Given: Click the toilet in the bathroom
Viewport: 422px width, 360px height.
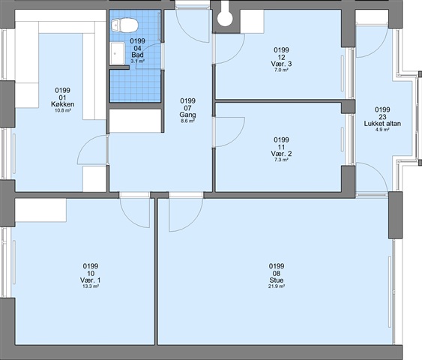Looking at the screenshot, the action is coord(124,25).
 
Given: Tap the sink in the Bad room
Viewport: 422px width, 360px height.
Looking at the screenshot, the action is coord(118,53).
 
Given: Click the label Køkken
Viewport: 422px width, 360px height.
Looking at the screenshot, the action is coord(63,104).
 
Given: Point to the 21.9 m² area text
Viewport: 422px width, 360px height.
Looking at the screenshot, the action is coord(277,286).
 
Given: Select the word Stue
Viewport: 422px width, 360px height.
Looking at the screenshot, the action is coord(277,280).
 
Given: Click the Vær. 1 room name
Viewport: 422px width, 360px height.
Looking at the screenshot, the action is coord(91,280).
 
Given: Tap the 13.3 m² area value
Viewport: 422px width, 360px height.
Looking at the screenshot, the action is coord(91,286).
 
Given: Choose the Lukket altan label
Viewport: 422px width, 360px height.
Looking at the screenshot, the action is coord(382,124).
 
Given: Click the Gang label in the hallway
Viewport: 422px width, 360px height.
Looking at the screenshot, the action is coord(188,115).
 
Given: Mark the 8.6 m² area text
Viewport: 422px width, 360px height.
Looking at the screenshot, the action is coord(188,121).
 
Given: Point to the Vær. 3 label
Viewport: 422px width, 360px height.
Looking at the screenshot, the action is coord(281,64).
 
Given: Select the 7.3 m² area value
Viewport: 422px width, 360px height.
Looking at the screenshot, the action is coord(281,160).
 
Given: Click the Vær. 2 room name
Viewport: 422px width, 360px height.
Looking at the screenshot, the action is coord(281,154).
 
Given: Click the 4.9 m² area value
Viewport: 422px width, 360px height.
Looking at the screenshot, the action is coord(382,130).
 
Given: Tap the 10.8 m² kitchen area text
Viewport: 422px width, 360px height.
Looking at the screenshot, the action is coord(63,110).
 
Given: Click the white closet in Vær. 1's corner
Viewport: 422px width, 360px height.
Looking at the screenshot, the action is coord(40,210).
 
